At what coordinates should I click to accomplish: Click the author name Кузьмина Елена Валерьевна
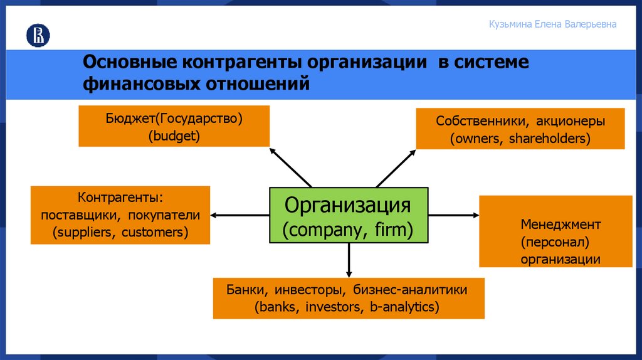pyautogui.click(x=552, y=24)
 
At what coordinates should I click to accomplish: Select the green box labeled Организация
pyautogui.click(x=349, y=215)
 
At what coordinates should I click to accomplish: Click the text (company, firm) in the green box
pyautogui.click(x=349, y=230)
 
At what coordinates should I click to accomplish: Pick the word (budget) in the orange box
pyautogui.click(x=174, y=135)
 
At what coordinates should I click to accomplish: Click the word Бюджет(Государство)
pyautogui.click(x=174, y=118)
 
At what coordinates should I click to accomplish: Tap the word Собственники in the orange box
pyautogui.click(x=473, y=121)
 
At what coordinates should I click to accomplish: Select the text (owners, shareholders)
pyautogui.click(x=520, y=138)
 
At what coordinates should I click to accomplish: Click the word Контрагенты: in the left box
pyautogui.click(x=120, y=198)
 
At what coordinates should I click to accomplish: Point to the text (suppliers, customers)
pyautogui.click(x=120, y=232)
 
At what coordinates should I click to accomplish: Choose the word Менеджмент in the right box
pyautogui.click(x=560, y=224)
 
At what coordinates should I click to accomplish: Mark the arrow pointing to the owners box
pyautogui.click(x=396, y=167)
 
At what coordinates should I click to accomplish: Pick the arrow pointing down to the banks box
pyautogui.click(x=349, y=261)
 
